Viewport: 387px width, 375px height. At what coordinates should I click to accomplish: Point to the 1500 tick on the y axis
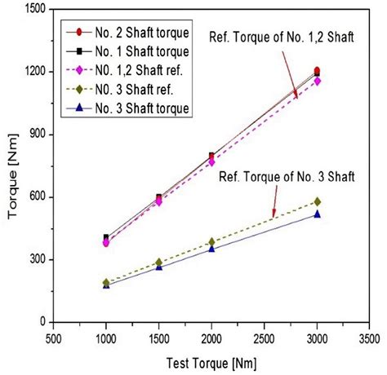tap(33, 9)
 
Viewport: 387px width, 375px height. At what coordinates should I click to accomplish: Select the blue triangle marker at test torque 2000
tap(211, 249)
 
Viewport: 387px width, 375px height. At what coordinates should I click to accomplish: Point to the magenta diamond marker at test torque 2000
tap(211, 162)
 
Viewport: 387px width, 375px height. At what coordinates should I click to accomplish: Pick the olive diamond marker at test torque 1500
tap(159, 262)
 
